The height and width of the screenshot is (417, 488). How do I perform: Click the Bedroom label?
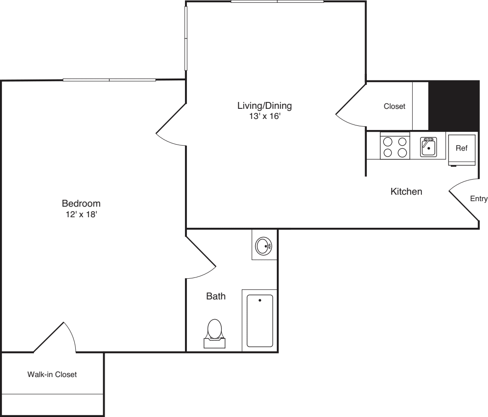[81, 203]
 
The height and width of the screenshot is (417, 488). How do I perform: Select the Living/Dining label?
[264, 106]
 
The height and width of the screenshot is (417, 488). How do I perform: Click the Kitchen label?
[406, 192]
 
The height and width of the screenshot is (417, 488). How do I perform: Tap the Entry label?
[478, 198]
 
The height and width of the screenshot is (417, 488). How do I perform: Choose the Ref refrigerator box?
[461, 149]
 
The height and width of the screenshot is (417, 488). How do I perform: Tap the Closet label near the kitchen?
[395, 107]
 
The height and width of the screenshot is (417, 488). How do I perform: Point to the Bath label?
[216, 296]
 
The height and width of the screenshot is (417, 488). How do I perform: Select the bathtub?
[260, 321]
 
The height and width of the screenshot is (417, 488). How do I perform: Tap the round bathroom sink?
[264, 247]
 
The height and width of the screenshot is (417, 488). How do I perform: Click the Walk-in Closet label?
[52, 374]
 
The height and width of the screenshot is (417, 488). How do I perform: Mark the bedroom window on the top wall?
[109, 80]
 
